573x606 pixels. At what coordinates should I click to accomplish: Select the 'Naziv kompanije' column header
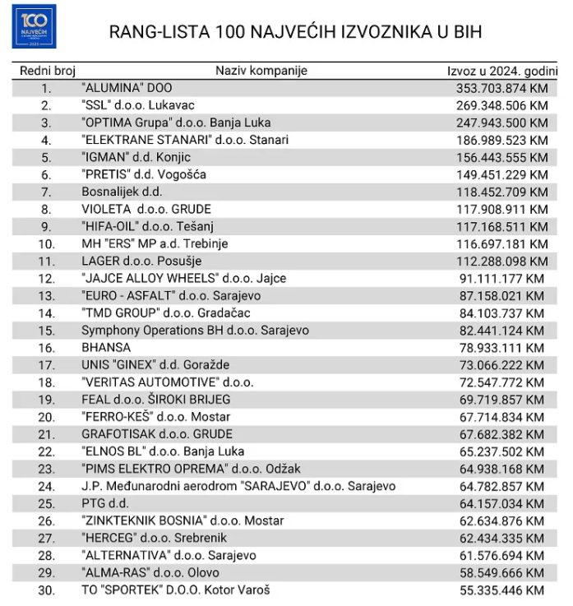tap(261, 71)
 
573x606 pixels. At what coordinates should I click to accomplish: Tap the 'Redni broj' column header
tap(47, 71)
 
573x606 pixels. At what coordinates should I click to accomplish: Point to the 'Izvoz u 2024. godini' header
tap(501, 71)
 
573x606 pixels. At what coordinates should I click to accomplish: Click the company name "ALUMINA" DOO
tap(127, 87)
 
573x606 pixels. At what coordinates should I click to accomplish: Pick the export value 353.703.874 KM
tap(501, 88)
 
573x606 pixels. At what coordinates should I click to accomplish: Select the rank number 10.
tap(46, 243)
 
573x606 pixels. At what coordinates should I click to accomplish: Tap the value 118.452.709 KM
tap(501, 192)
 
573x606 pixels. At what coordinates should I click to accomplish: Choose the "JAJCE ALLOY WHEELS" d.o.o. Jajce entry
tap(183, 278)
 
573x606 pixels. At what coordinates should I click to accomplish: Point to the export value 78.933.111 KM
tap(501, 348)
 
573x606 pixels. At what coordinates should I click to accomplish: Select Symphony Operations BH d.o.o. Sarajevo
tap(195, 330)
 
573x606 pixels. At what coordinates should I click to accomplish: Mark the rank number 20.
tap(46, 417)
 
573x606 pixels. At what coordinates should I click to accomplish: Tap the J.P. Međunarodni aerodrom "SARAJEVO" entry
tap(238, 486)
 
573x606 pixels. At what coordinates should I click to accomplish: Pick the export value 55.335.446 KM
tap(501, 590)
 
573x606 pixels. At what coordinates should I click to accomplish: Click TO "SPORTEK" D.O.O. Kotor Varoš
tap(176, 590)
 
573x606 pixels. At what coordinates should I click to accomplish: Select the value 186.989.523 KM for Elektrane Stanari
tap(501, 140)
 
